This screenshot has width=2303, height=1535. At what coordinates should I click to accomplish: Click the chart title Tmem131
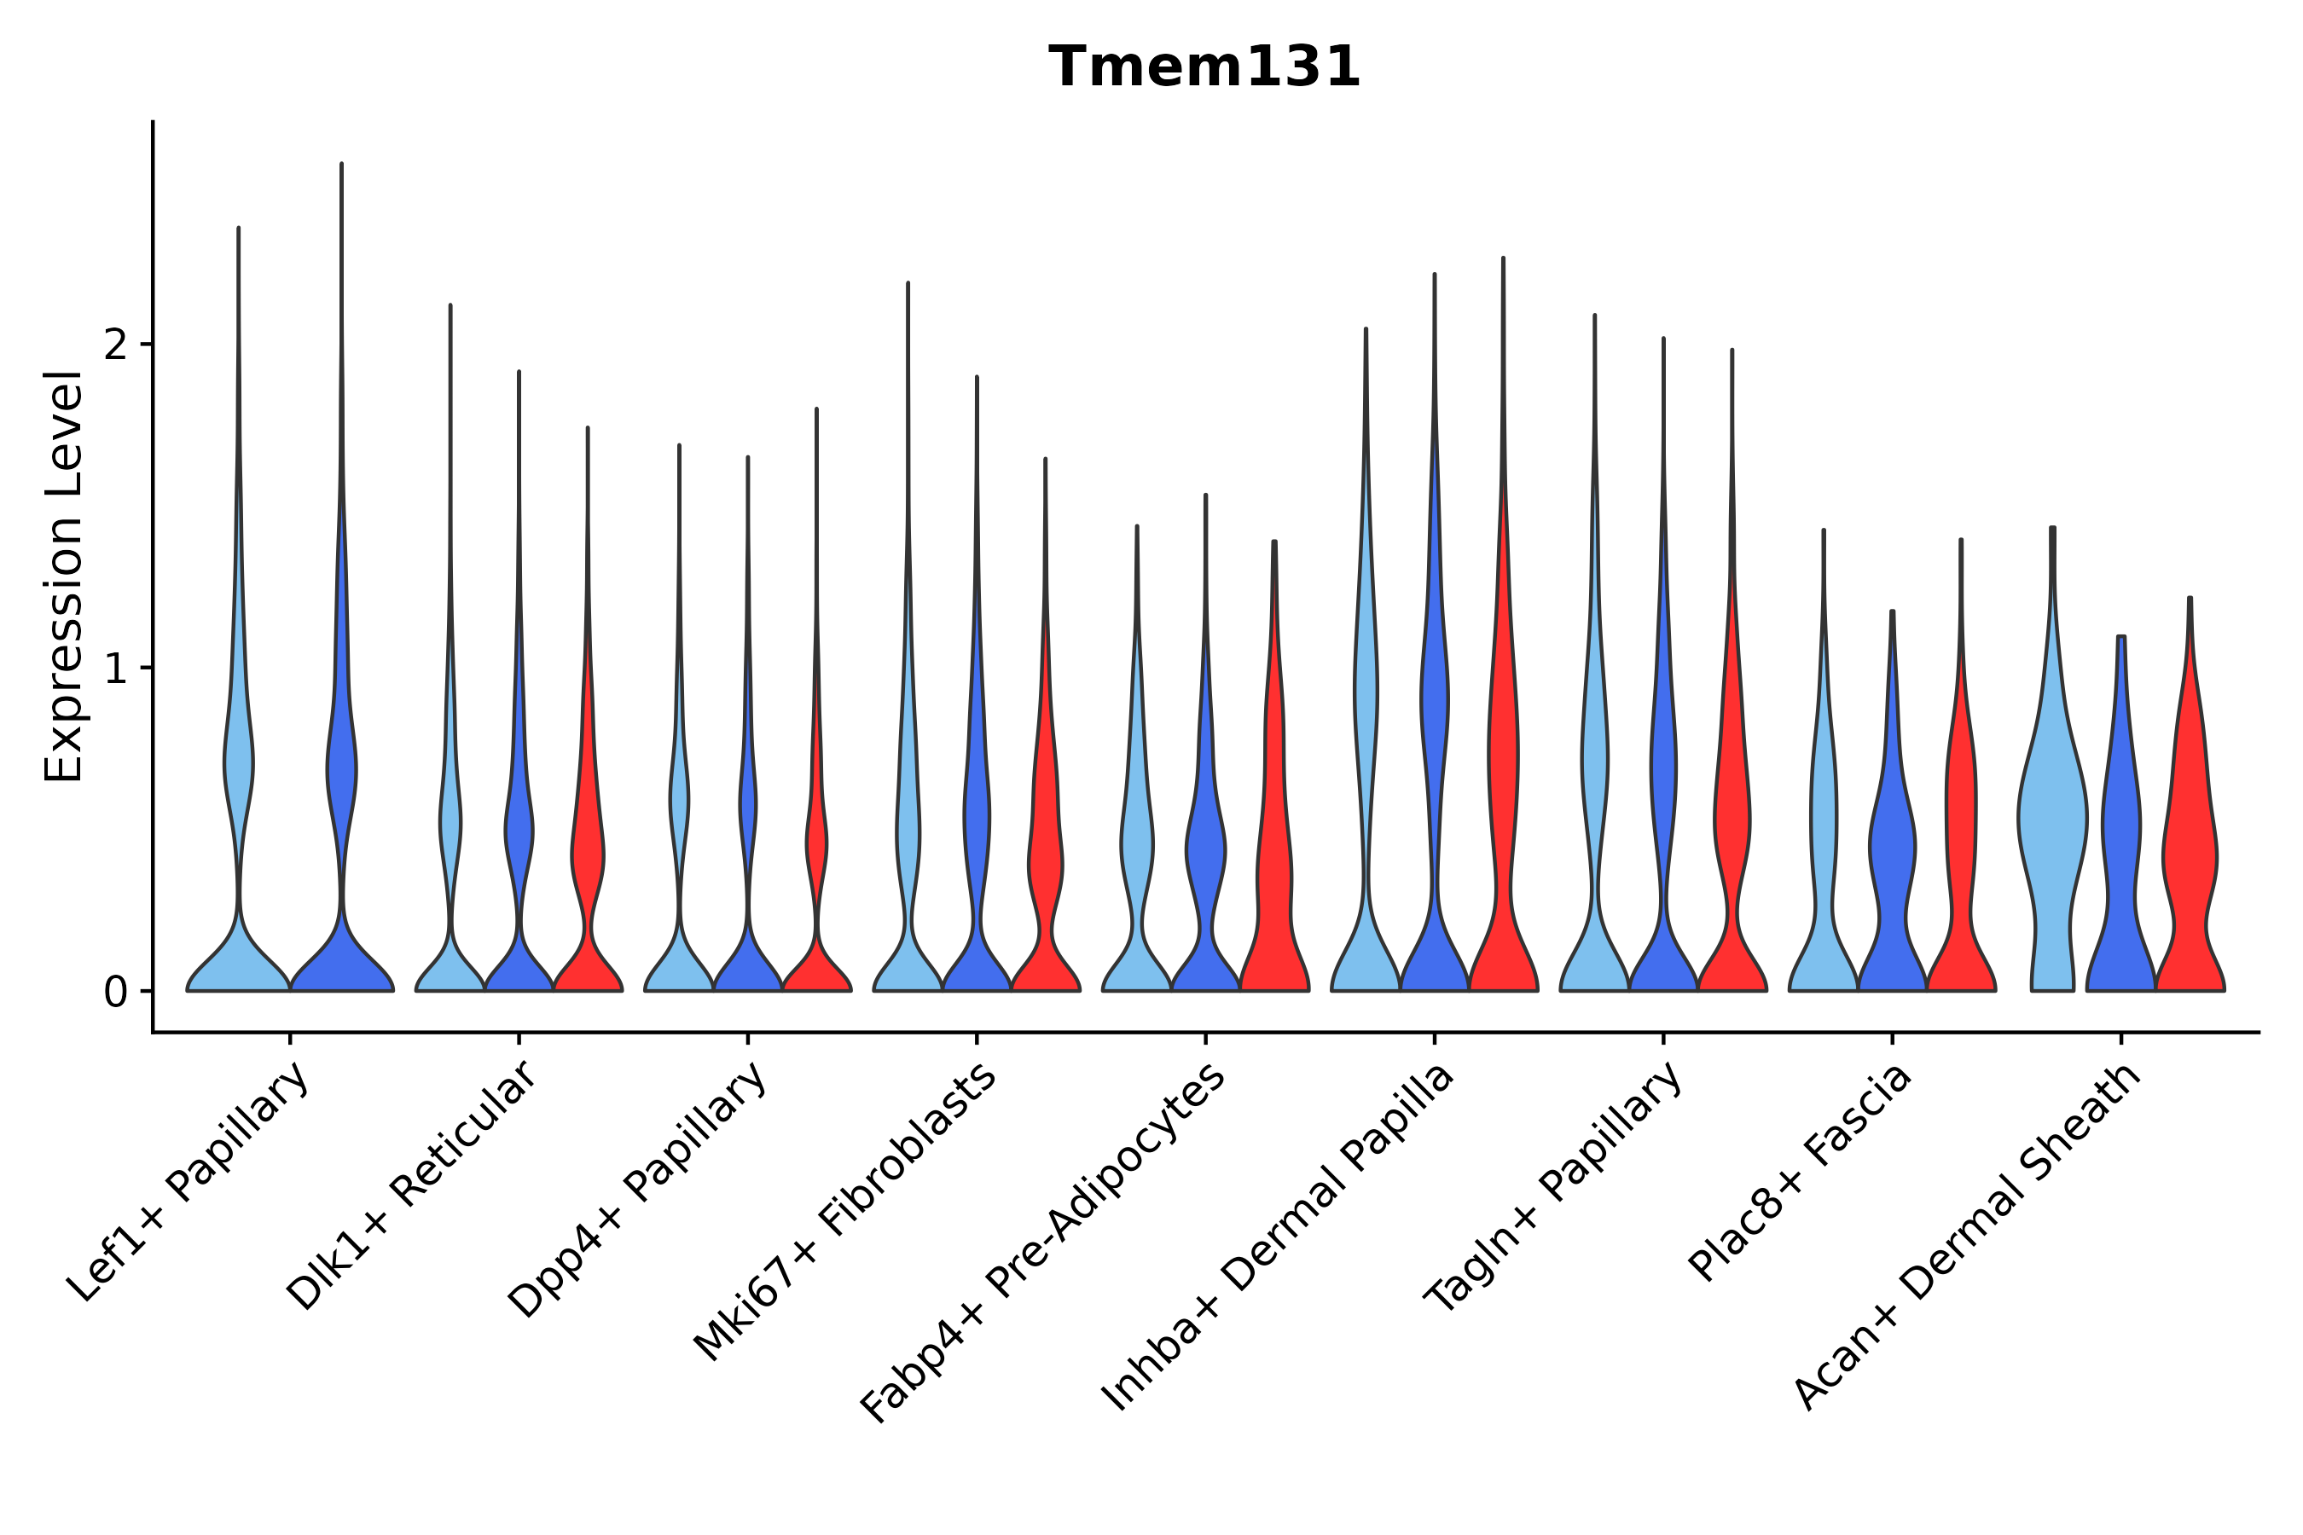1204,68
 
